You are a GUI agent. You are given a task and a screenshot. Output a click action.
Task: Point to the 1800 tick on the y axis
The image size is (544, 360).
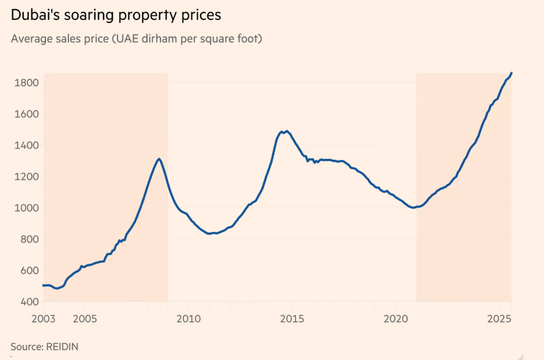click(26, 83)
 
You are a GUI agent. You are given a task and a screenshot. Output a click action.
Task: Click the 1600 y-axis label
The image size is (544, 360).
click(26, 114)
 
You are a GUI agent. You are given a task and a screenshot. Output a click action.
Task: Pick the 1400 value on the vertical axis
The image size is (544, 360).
click(26, 145)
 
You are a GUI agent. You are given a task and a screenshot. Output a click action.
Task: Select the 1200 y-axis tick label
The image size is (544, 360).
click(26, 176)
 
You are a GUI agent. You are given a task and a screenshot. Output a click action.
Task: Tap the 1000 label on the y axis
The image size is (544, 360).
click(26, 208)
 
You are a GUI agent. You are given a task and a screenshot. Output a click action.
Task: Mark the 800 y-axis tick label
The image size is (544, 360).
click(28, 239)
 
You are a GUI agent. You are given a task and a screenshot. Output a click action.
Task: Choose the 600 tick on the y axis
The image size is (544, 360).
click(28, 270)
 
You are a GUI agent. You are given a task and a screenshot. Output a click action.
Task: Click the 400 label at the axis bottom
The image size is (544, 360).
click(28, 302)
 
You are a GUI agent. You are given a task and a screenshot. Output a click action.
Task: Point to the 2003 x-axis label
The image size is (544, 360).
click(43, 319)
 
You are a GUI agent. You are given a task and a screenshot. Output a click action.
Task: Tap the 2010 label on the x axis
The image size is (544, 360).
click(188, 319)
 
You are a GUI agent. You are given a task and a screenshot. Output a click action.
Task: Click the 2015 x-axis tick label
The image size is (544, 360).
click(292, 319)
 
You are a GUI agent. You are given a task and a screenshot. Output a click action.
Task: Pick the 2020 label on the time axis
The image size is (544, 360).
click(396, 319)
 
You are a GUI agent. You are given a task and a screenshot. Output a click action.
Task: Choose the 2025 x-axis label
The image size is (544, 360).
click(499, 319)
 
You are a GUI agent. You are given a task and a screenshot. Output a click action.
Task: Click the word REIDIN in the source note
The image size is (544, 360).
click(61, 346)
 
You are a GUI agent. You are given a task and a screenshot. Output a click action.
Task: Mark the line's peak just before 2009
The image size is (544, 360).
click(159, 159)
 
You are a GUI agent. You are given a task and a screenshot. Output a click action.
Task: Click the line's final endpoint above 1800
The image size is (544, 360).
click(512, 73)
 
